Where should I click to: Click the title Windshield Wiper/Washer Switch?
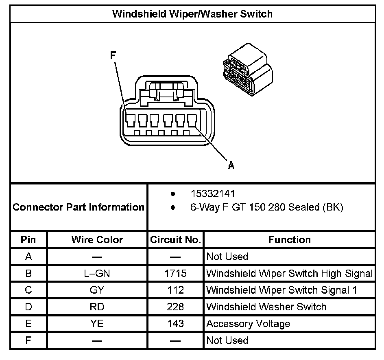click(x=192, y=14)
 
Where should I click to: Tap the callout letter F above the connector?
click(x=113, y=55)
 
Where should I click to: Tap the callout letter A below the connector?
click(x=231, y=165)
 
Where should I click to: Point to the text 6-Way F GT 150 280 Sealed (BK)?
click(x=266, y=207)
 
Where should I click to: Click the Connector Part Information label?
click(x=79, y=207)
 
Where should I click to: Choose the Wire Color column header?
click(x=97, y=239)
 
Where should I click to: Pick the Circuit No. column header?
click(x=175, y=239)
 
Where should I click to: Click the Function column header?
click(x=289, y=239)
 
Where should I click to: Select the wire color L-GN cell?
click(x=97, y=273)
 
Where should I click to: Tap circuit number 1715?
click(x=175, y=273)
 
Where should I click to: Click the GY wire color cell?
click(x=97, y=290)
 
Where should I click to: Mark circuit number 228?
click(x=175, y=307)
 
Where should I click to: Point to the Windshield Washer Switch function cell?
click(x=266, y=307)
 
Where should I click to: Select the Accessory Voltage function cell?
click(x=248, y=324)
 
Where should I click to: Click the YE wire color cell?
click(x=97, y=324)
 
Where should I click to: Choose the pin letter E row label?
click(x=28, y=324)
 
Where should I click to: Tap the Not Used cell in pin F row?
click(x=227, y=340)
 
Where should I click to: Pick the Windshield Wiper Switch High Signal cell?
click(x=289, y=273)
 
